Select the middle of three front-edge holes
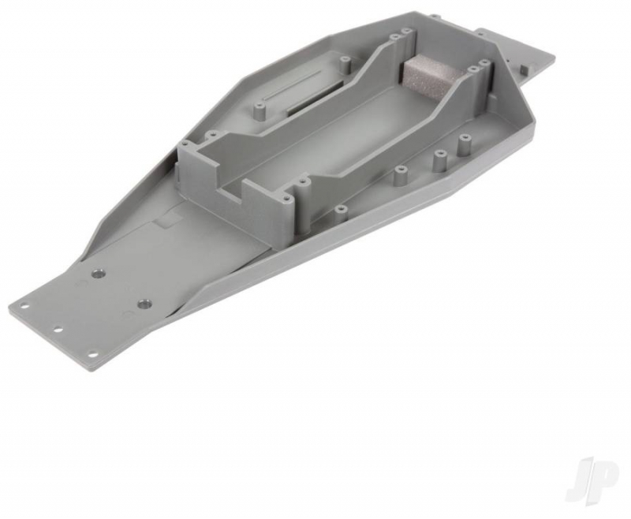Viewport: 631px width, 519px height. pos(58,330)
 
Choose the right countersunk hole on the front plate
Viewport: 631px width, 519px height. pos(143,303)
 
